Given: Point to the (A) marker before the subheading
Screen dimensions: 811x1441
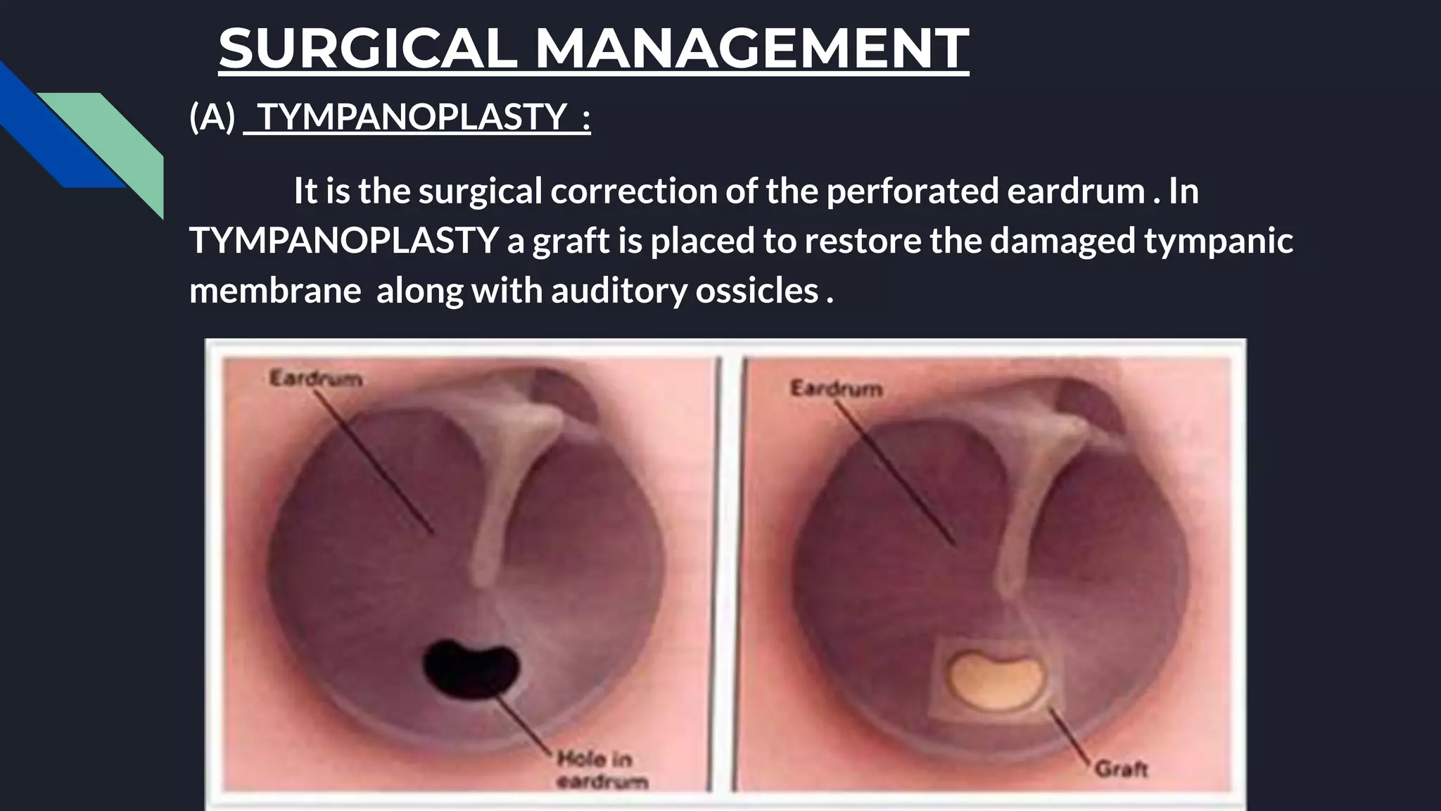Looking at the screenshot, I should point(212,116).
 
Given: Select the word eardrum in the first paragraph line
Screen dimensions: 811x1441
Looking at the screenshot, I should point(1076,191).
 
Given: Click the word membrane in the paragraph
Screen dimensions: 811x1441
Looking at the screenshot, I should point(275,290).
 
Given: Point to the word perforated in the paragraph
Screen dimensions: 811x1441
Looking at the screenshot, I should point(912,191).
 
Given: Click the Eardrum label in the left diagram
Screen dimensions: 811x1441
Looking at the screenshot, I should point(316,379).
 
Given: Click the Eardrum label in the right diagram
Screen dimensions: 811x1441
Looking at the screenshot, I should point(836,389).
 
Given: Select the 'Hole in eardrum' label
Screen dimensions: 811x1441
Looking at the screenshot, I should point(602,769).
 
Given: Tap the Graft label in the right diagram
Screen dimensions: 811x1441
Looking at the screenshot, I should point(1121,769).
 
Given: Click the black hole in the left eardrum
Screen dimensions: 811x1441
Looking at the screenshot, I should point(471,665).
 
